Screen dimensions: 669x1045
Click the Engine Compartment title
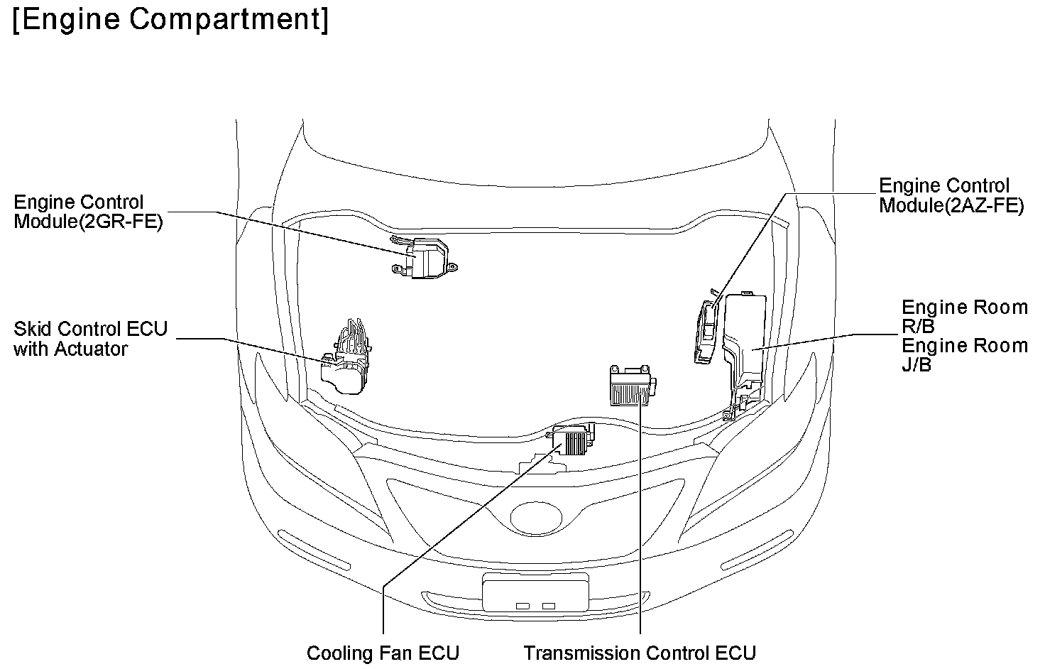coord(170,20)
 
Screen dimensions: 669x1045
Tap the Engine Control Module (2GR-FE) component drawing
coord(427,259)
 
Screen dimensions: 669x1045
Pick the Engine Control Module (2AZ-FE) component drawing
coord(707,330)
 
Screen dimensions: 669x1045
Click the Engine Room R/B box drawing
coord(745,341)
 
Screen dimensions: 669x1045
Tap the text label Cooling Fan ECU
coord(383,653)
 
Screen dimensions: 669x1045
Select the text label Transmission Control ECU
coord(639,653)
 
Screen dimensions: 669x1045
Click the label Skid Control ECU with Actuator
coord(90,339)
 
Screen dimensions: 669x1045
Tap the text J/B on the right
coord(917,365)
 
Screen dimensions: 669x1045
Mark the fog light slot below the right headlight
coord(757,549)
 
